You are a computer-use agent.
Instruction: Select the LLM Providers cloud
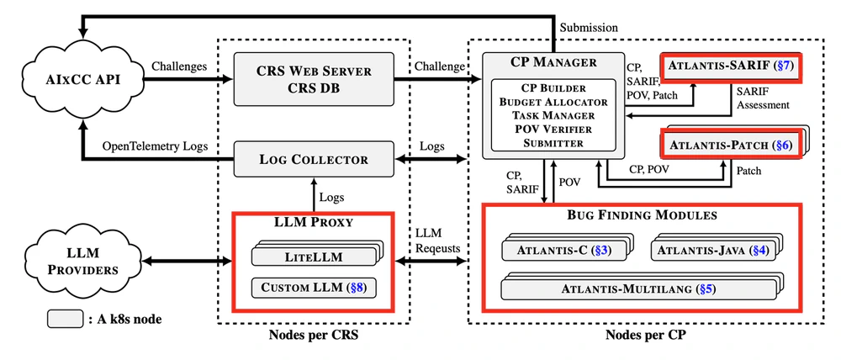coord(82,262)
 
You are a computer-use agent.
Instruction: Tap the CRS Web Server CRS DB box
coord(314,79)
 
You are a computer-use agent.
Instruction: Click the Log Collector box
coord(314,159)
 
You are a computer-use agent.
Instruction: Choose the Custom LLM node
coord(313,287)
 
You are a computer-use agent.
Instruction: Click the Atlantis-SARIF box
coord(730,67)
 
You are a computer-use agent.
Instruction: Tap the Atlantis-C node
coord(567,249)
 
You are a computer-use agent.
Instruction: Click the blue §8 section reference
coord(357,287)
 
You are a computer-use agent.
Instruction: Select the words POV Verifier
coord(553,129)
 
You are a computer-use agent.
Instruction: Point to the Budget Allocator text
coord(553,101)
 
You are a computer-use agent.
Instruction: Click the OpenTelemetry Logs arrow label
coord(155,146)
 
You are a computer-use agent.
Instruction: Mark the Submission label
coord(589,28)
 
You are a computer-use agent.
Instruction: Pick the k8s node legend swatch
coord(65,319)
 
